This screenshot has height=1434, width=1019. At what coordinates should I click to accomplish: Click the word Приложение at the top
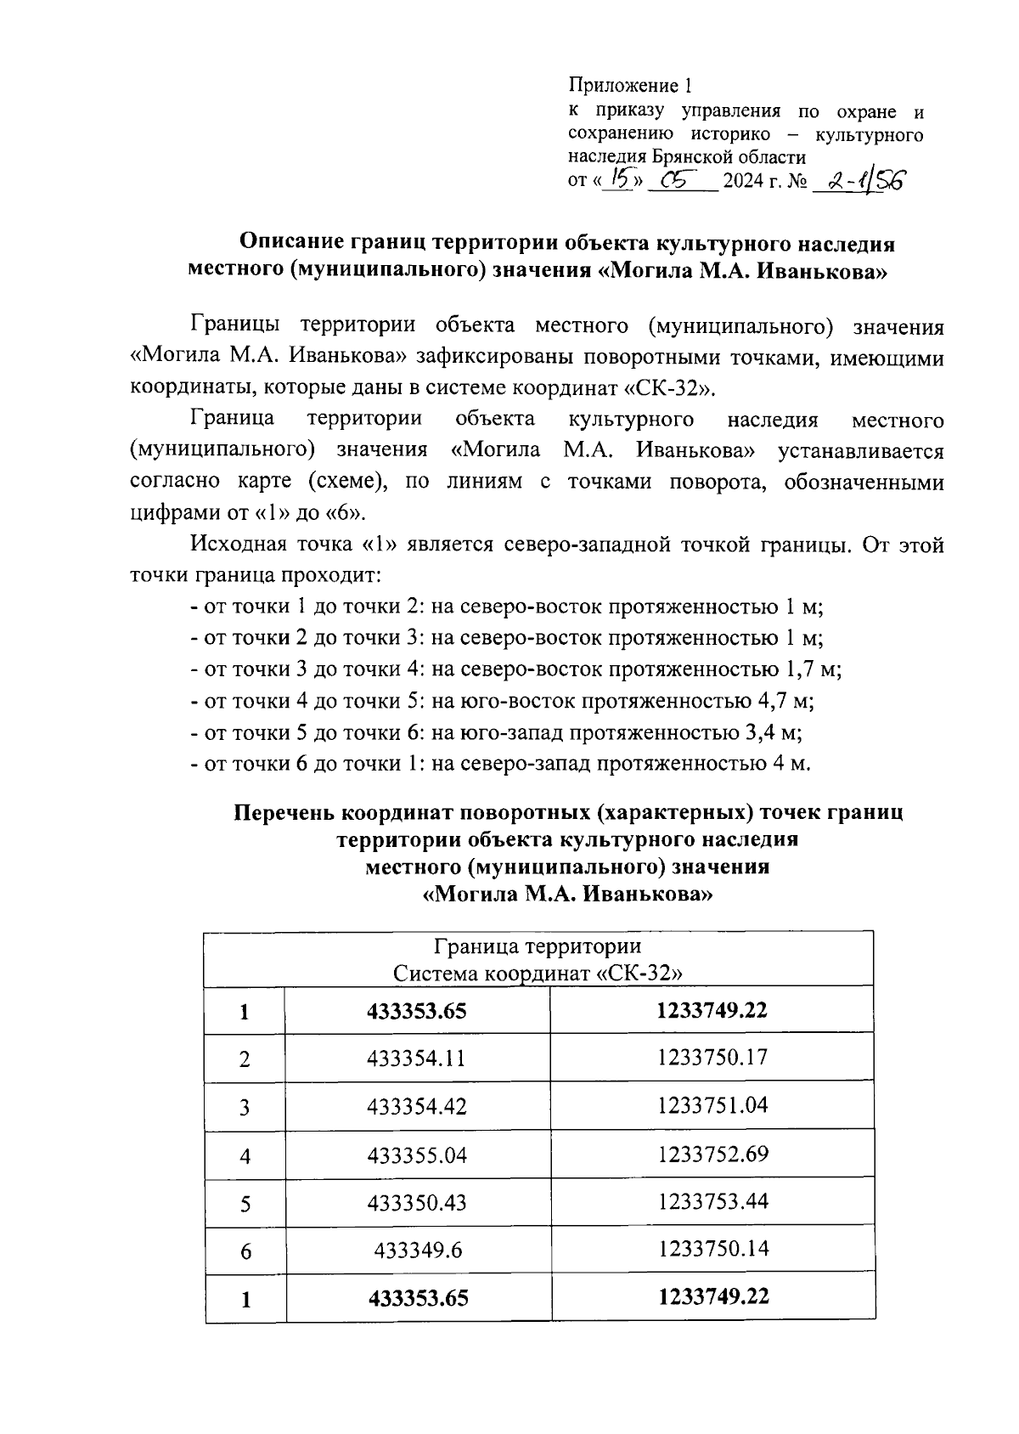(623, 86)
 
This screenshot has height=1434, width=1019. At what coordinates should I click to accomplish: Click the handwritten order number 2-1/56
(859, 181)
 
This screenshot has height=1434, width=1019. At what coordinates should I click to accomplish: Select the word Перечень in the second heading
(284, 812)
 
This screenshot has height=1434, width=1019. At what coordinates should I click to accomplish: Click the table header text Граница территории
(538, 946)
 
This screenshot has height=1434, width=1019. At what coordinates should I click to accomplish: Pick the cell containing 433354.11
(417, 1059)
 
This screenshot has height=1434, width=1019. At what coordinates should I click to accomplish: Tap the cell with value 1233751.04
(712, 1105)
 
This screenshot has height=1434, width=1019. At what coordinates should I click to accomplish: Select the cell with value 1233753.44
(712, 1201)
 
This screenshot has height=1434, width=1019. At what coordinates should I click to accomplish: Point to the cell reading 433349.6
(417, 1251)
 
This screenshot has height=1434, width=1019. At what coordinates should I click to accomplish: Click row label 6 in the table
(245, 1251)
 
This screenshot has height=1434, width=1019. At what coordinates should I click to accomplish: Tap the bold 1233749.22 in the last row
(712, 1297)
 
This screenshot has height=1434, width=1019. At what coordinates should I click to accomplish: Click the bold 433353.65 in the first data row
(417, 1011)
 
